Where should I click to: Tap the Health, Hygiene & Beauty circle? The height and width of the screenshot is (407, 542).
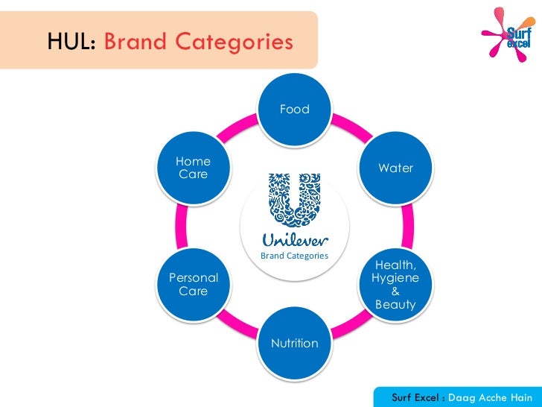395,285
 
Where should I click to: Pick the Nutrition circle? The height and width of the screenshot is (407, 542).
294,344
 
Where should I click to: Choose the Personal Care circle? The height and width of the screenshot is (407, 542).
194,284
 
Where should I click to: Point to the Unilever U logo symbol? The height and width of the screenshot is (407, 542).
294,201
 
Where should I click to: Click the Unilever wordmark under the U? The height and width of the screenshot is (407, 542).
294,240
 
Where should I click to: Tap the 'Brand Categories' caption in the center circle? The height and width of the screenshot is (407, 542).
294,256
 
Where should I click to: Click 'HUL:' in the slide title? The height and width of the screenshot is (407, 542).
71,42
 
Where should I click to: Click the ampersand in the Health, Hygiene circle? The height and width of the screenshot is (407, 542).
395,291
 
